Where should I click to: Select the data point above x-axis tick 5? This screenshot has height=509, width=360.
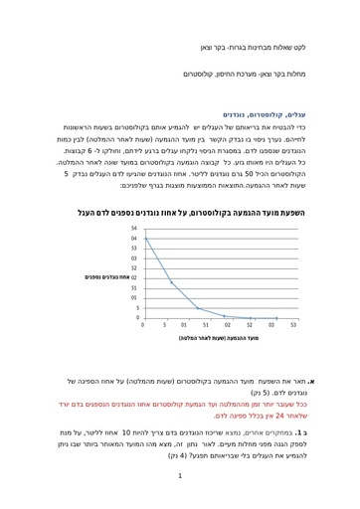tap(173, 282)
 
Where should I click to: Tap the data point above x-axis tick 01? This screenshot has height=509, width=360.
tap(198, 308)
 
